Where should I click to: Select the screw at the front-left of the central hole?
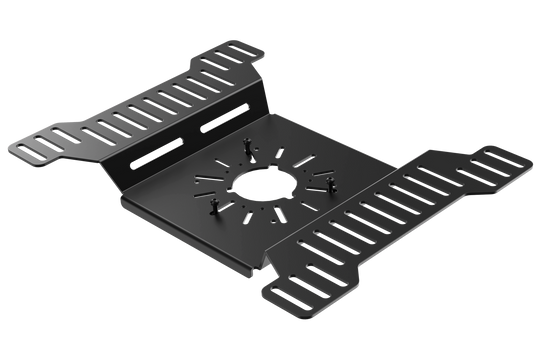coord(212,205)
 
